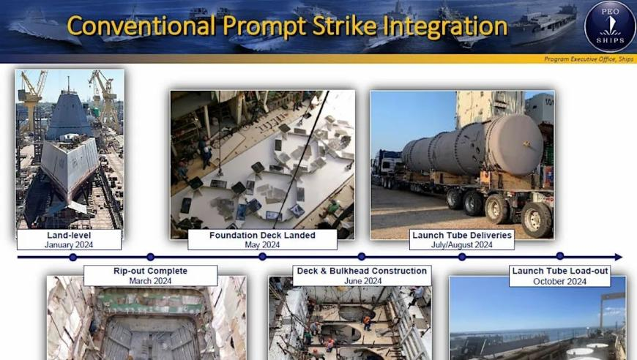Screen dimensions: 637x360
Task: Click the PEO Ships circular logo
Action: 610,26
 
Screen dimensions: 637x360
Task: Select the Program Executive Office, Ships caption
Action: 589,59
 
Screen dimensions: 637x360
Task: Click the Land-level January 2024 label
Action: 69,240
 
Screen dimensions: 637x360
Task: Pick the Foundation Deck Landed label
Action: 262,240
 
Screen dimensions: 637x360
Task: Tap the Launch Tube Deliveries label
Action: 462,240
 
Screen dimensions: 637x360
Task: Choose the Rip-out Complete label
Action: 150,276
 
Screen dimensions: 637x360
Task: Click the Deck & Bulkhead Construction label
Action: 362,276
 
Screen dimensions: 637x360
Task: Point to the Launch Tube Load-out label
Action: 560,276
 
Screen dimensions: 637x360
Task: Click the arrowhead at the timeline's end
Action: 618,257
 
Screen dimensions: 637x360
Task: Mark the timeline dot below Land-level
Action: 73,257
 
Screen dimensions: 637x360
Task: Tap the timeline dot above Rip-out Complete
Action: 150,257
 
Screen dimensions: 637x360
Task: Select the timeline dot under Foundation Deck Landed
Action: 262,257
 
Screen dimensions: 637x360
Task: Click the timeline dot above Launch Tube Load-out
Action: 560,255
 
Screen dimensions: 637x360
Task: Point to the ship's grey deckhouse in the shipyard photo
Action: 69,113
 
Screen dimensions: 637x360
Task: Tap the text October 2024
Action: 560,281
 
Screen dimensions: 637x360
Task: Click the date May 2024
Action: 262,244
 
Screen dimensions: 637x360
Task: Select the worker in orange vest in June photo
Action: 368,323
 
